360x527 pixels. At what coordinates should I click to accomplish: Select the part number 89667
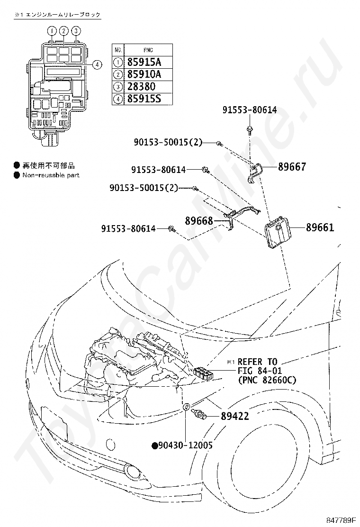tap(292, 167)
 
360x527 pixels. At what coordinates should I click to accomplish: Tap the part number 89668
tap(199, 221)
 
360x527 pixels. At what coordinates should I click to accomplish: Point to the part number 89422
tap(235, 416)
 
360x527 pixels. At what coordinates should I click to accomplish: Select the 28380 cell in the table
tap(141, 87)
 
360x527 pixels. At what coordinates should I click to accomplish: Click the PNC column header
tap(148, 50)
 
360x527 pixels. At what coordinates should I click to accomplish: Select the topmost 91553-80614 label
tap(250, 110)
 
